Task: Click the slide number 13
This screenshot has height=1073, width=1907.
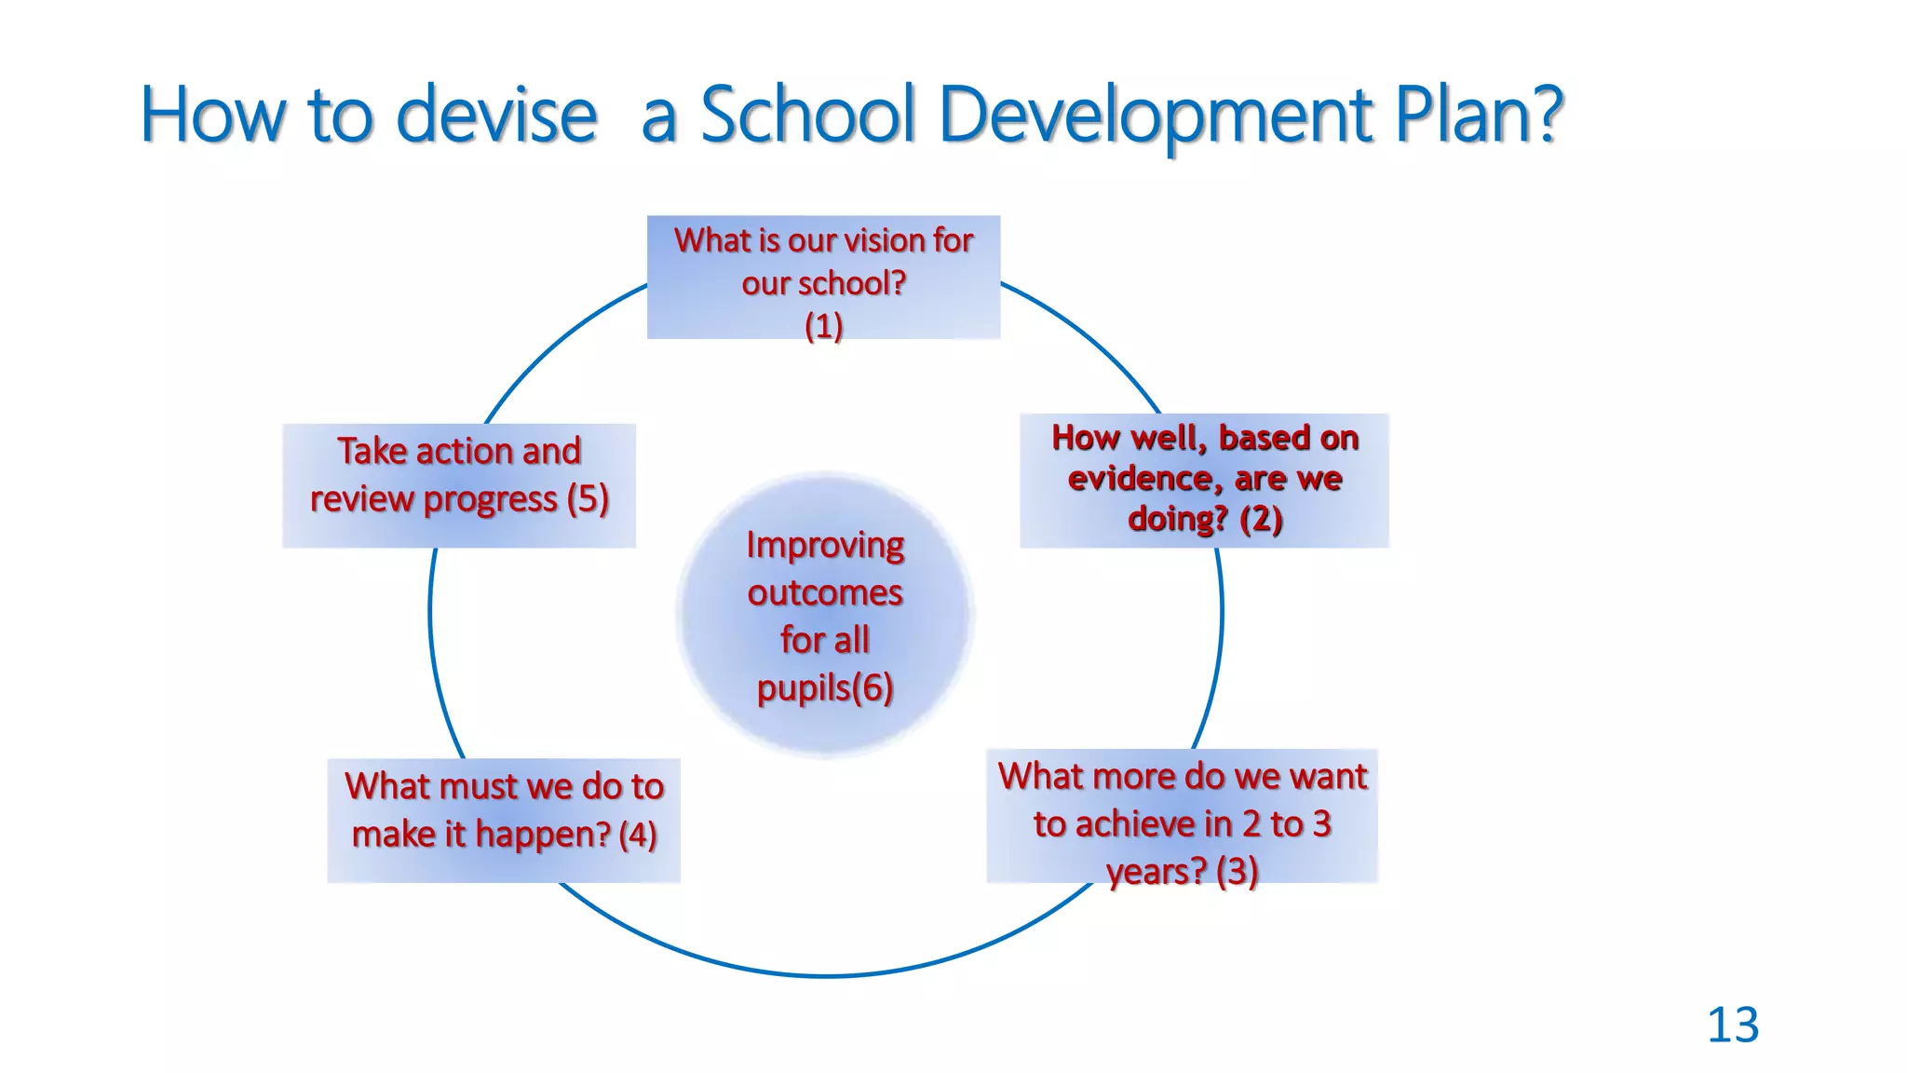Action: pos(1732,1025)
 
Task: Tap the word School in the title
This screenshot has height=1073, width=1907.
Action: pos(808,115)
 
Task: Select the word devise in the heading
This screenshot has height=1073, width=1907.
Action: pos(496,115)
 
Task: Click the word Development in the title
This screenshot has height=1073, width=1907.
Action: pos(1156,115)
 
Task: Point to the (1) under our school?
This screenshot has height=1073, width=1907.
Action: pos(823,326)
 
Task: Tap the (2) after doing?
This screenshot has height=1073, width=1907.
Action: pos(1261,519)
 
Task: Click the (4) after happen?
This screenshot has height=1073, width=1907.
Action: pos(638,835)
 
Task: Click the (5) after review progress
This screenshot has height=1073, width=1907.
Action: pos(588,499)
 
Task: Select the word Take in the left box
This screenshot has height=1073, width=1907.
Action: pos(372,452)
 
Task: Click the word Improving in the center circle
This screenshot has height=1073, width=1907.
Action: pos(825,545)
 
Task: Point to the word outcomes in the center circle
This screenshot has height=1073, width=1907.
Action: pos(825,592)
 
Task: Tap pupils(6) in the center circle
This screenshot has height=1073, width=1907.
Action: pos(825,688)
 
